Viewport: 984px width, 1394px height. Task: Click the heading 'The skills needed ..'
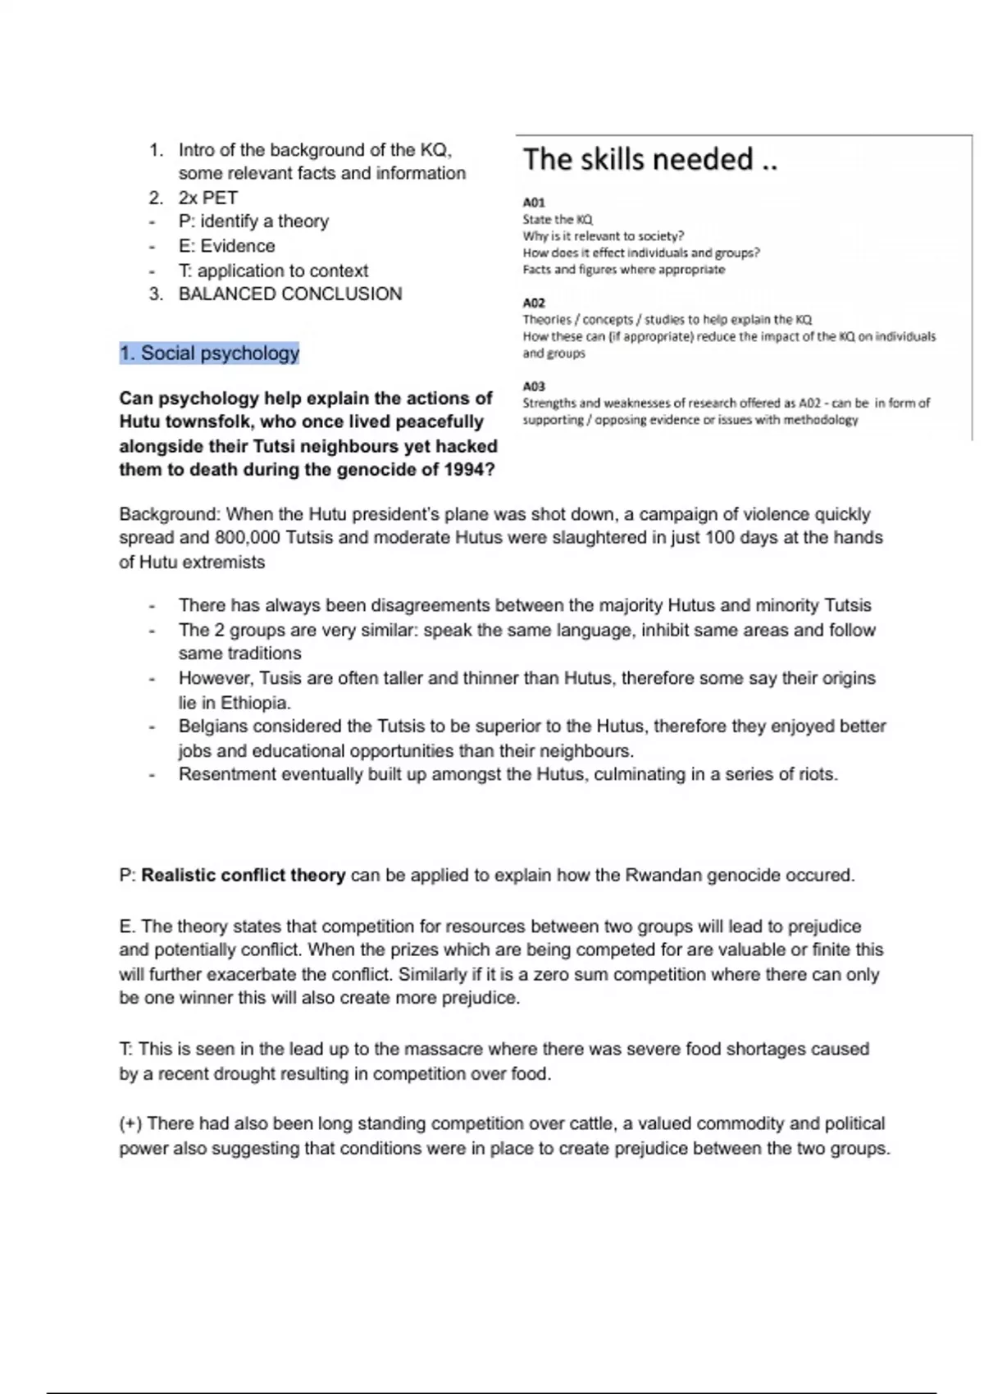(649, 160)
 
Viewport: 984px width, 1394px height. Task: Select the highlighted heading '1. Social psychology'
(209, 353)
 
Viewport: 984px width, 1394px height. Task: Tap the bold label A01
(533, 203)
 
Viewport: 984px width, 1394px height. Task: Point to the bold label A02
(533, 303)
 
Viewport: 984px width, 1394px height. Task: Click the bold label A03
(533, 386)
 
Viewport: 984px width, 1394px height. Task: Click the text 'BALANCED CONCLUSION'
(290, 294)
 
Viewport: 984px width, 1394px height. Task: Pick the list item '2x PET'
(208, 198)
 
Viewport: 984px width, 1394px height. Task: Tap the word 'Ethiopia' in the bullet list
(255, 703)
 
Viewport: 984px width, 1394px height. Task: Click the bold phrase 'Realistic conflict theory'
(243, 875)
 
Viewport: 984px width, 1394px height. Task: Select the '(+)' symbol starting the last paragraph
(130, 1123)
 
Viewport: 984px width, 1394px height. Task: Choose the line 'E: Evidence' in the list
(226, 246)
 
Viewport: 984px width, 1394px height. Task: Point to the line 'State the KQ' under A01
(557, 220)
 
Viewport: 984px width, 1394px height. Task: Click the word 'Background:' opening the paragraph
(170, 514)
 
